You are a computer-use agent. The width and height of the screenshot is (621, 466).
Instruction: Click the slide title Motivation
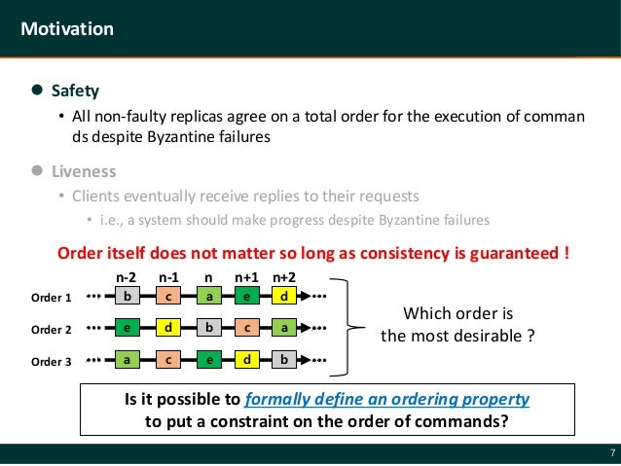click(67, 28)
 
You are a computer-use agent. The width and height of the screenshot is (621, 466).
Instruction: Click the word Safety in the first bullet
click(75, 90)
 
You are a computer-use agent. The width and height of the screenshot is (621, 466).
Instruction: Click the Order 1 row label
click(52, 297)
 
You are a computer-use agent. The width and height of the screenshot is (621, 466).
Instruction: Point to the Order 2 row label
click(52, 330)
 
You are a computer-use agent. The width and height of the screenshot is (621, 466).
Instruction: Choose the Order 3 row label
click(52, 362)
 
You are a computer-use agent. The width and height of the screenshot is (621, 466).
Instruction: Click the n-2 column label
click(126, 277)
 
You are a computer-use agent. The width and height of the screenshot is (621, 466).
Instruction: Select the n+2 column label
click(283, 277)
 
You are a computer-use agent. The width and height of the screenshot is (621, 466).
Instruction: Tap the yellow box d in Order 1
click(283, 296)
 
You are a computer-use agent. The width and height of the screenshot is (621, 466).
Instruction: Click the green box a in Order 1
click(207, 296)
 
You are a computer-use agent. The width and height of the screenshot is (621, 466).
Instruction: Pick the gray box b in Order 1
click(127, 296)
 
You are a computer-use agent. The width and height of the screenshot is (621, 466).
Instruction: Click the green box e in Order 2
click(127, 329)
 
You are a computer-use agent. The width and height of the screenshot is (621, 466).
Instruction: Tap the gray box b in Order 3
click(283, 361)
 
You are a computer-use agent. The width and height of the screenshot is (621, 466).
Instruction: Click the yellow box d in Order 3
click(247, 361)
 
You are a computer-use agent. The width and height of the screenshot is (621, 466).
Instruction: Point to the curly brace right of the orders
click(352, 329)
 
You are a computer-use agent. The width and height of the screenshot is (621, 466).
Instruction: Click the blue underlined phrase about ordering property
click(387, 400)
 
